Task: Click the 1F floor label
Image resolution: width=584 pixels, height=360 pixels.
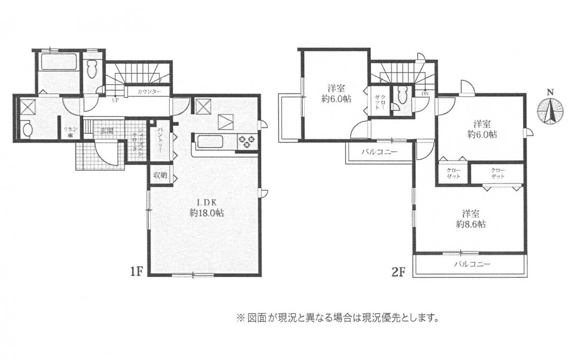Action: pyautogui.click(x=136, y=272)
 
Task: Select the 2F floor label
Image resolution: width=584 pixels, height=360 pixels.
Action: pyautogui.click(x=398, y=272)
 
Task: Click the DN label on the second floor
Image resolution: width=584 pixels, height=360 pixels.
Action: pyautogui.click(x=425, y=94)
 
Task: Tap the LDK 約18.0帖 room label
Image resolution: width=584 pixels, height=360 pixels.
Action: pyautogui.click(x=206, y=208)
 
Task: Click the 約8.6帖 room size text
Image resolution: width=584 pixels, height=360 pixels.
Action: pyautogui.click(x=472, y=224)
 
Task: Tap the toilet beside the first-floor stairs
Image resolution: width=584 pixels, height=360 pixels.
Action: pyautogui.click(x=94, y=68)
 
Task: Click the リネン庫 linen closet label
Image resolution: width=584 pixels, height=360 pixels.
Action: pyautogui.click(x=68, y=131)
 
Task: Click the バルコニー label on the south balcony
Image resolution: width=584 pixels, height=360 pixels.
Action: pyautogui.click(x=472, y=264)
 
